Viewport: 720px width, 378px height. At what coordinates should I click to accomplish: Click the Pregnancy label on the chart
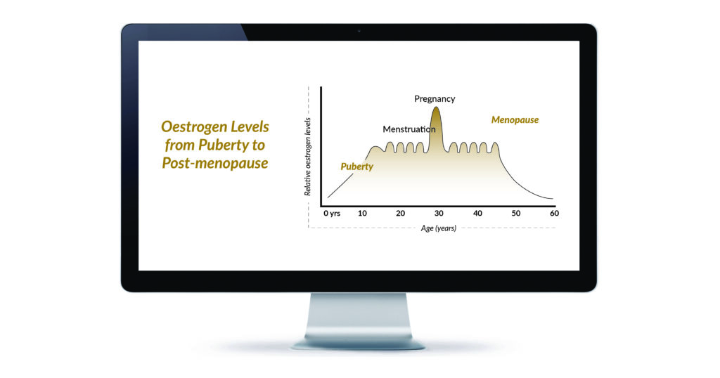[435, 99]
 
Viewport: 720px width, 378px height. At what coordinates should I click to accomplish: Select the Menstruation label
[409, 129]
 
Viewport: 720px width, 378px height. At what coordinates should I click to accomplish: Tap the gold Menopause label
[515, 120]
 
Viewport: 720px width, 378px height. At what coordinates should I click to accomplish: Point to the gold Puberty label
[356, 167]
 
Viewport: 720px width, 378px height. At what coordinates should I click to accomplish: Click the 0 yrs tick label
[332, 214]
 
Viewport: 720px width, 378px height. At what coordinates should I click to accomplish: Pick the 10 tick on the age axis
[362, 214]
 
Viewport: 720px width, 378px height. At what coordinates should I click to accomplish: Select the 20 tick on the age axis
[400, 214]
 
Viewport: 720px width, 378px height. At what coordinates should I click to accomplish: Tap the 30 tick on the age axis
[439, 214]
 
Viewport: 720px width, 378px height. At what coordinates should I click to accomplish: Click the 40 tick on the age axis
[477, 214]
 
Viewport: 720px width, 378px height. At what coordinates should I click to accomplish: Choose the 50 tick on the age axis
[516, 214]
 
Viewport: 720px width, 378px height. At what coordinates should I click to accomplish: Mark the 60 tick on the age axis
[554, 214]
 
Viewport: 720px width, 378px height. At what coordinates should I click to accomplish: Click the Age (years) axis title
[439, 228]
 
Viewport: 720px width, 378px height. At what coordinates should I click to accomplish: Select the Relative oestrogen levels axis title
[308, 157]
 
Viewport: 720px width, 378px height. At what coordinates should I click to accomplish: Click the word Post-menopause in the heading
[215, 163]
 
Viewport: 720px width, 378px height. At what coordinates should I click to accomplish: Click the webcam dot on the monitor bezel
[359, 31]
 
